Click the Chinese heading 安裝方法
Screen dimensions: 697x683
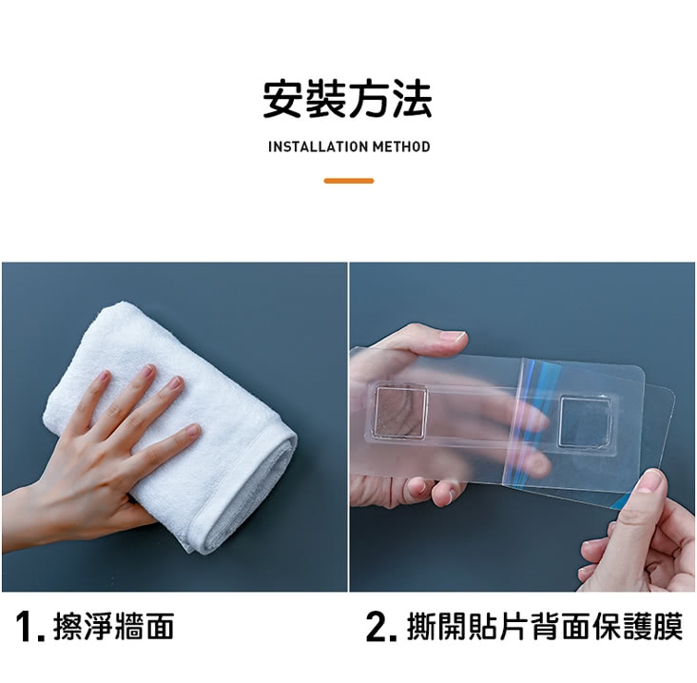tap(347, 99)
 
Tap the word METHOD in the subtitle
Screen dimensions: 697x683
tap(401, 146)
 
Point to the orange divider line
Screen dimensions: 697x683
tap(349, 181)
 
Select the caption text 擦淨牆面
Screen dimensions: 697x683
tap(114, 626)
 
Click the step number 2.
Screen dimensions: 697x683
tap(377, 627)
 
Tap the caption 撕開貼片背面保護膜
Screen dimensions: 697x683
tap(545, 626)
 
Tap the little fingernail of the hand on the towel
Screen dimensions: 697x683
tap(192, 430)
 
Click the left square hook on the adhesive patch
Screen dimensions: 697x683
tap(401, 411)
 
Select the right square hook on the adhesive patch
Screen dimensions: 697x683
tap(586, 421)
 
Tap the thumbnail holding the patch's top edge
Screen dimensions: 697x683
tap(453, 337)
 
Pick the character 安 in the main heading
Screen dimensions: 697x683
tap(282, 99)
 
